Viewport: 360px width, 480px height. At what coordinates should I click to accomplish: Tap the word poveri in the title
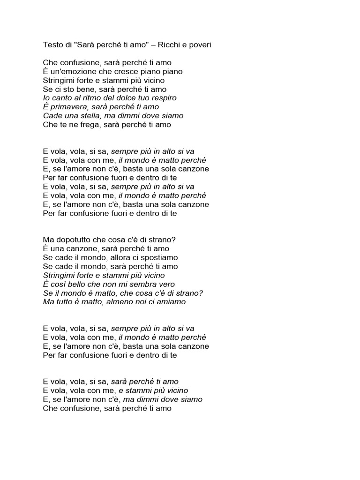206,44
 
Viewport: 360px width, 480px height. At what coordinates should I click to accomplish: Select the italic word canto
60,98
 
